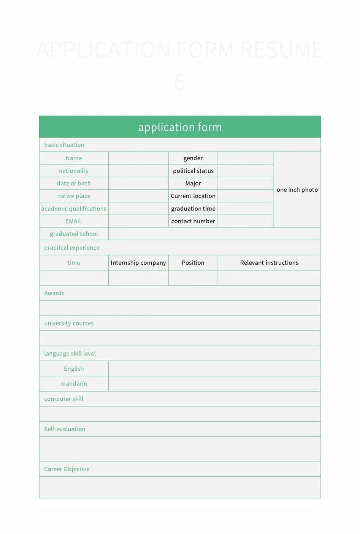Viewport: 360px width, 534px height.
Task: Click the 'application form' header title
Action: point(180,127)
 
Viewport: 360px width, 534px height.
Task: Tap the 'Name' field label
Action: point(74,158)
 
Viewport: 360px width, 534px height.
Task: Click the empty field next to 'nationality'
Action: point(138,171)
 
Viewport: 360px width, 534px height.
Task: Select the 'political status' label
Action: point(193,171)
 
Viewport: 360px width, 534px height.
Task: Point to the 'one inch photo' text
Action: point(297,190)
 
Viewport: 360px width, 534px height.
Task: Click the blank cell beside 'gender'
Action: point(246,158)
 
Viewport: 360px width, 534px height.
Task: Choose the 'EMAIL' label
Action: point(74,221)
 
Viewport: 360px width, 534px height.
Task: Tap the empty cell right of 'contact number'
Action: point(246,221)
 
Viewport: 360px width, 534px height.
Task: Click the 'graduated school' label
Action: point(74,234)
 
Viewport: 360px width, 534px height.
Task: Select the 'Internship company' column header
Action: point(138,262)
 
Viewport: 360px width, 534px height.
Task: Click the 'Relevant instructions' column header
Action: point(269,262)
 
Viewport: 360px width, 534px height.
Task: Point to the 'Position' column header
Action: point(193,262)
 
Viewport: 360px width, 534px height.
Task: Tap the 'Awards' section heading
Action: point(54,293)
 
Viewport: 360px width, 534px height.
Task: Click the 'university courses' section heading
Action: point(69,323)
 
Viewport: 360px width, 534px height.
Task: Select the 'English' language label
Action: point(74,368)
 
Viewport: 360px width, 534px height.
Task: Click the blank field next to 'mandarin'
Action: point(214,384)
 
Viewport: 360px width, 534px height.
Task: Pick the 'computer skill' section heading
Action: point(63,399)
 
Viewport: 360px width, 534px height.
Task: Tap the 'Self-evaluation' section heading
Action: point(65,429)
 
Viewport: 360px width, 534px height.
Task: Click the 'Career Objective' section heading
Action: point(67,469)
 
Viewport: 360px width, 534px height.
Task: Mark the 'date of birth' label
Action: point(74,183)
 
